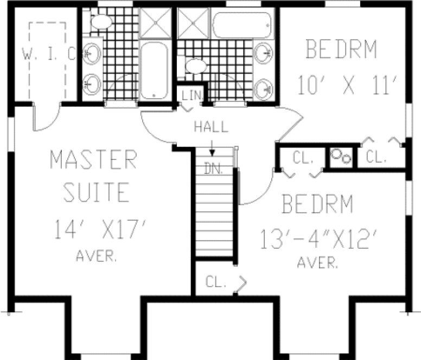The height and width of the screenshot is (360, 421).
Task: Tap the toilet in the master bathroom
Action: [x=101, y=22]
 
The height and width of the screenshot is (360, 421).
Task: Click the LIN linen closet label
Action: [x=192, y=96]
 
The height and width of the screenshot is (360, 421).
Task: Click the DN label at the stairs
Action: [x=214, y=168]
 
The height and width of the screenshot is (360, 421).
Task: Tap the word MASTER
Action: [x=93, y=160]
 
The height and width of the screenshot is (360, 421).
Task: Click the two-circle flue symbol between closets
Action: [x=342, y=155]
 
